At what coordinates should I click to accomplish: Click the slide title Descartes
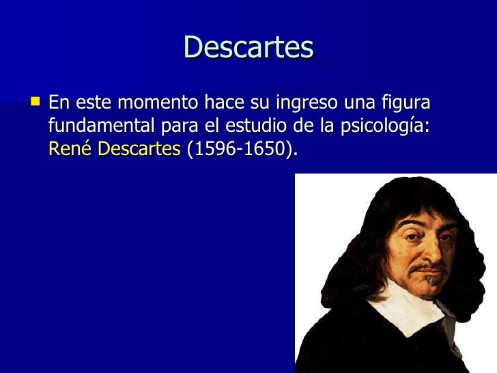[248, 48]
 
